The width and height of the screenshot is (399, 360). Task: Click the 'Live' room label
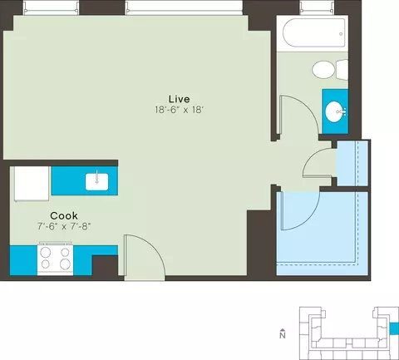click(x=180, y=99)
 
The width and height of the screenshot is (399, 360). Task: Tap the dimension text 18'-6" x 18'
click(x=180, y=110)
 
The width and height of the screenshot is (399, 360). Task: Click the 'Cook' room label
click(x=64, y=215)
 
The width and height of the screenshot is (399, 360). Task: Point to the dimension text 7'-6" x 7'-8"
click(x=64, y=227)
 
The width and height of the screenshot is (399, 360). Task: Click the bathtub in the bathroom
click(x=314, y=32)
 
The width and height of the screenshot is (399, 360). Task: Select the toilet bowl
click(x=323, y=69)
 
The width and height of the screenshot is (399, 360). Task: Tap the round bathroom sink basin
click(x=334, y=111)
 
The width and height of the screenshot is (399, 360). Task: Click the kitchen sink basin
click(x=96, y=182)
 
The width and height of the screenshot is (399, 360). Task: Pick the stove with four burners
click(x=56, y=259)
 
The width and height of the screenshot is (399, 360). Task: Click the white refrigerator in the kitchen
click(x=31, y=184)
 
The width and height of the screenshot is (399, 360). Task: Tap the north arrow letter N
click(x=283, y=336)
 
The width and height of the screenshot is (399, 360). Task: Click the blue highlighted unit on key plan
click(x=394, y=328)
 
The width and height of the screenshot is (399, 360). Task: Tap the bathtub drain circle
click(x=341, y=34)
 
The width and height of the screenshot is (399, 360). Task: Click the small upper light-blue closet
click(x=352, y=163)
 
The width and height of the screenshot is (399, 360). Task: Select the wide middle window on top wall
click(x=184, y=7)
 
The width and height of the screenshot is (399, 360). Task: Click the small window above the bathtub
click(x=317, y=7)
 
